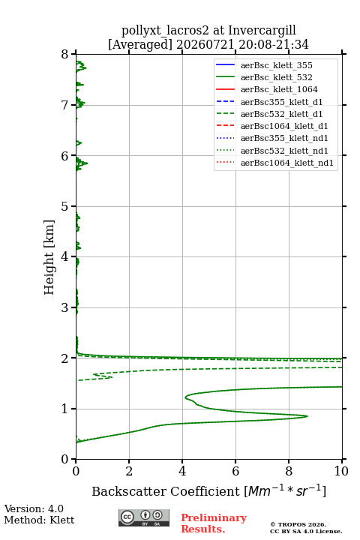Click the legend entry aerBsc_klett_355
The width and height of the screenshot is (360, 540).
coord(276,65)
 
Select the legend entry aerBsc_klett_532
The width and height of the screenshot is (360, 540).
coord(276,77)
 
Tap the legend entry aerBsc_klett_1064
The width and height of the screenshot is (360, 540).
coord(279,89)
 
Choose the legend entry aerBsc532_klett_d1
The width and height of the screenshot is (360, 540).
coord(281,114)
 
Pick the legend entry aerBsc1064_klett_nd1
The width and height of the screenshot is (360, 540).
coord(287,163)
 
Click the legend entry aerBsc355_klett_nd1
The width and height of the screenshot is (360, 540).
coord(284,138)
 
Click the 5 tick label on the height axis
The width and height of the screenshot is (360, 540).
coord(65,206)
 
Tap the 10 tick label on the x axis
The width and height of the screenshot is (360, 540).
coord(341,471)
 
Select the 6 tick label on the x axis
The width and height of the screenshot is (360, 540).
coord(235,471)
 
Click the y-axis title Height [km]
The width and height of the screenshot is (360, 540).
coord(49,257)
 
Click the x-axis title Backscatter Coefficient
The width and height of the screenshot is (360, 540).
coord(165,491)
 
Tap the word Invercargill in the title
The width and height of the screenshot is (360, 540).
coord(262,31)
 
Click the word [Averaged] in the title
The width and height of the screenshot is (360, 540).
coord(139,44)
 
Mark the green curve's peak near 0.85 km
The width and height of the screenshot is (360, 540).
coord(307,416)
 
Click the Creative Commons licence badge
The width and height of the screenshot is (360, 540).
coord(144,518)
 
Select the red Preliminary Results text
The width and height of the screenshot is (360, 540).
coord(214,523)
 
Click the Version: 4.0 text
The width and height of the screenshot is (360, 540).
coord(34,508)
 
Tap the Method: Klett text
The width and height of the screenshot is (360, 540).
coord(39,520)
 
